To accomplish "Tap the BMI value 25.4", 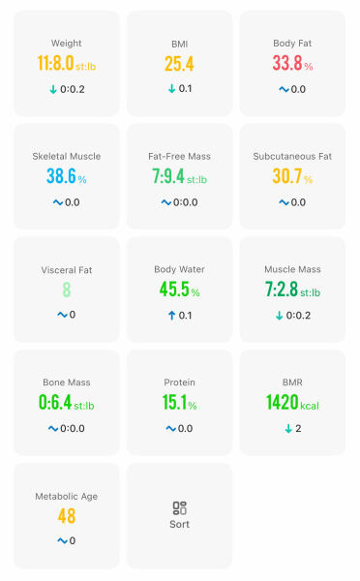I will pyautogui.click(x=179, y=64).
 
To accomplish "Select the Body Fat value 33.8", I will pyautogui.click(x=286, y=64).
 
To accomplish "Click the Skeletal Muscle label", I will pyautogui.click(x=66, y=156).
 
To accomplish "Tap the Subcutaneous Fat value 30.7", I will pyautogui.click(x=286, y=176).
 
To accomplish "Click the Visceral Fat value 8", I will pyautogui.click(x=66, y=290).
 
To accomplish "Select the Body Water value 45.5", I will pyautogui.click(x=174, y=290).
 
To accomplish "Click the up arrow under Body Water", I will pyautogui.click(x=171, y=315).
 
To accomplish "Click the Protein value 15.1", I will pyautogui.click(x=174, y=402).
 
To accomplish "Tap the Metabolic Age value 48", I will pyautogui.click(x=66, y=515).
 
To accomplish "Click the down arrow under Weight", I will pyautogui.click(x=53, y=89).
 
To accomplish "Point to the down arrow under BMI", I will pyautogui.click(x=171, y=89).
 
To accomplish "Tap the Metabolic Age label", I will pyautogui.click(x=66, y=496).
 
